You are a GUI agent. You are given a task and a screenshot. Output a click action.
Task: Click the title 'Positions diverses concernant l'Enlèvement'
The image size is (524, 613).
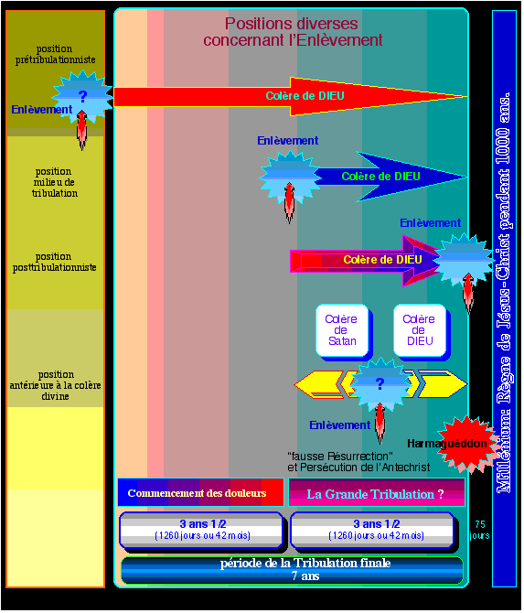(293, 32)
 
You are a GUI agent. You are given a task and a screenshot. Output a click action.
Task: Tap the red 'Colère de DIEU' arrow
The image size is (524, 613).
(290, 97)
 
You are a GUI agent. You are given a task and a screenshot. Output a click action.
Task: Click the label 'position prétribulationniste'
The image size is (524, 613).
(55, 54)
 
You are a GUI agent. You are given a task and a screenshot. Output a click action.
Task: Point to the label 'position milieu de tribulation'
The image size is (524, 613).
(54, 182)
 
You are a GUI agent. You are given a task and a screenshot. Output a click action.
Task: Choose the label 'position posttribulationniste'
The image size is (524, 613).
(54, 262)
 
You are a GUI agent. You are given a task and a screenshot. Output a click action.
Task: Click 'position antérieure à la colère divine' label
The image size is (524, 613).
(55, 385)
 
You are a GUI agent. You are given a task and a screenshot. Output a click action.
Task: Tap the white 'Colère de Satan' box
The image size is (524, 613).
(342, 330)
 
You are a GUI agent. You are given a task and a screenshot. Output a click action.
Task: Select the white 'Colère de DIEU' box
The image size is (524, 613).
(420, 330)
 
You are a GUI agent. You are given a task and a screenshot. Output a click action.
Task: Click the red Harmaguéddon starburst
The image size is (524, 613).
(467, 444)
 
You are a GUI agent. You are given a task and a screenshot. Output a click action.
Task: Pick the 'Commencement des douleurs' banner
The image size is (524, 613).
(200, 492)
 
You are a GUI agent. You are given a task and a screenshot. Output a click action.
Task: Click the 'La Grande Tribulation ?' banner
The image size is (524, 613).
(377, 492)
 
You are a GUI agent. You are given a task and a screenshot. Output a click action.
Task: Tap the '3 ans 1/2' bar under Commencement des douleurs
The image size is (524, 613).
(202, 531)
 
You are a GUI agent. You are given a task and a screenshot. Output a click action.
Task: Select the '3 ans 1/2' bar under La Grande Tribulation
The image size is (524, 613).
(373, 531)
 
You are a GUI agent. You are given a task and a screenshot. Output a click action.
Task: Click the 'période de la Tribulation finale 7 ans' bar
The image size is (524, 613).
(292, 570)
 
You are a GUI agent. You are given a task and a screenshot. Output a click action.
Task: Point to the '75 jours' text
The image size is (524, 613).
(479, 530)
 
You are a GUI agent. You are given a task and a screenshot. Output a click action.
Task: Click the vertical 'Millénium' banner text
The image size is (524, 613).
(503, 293)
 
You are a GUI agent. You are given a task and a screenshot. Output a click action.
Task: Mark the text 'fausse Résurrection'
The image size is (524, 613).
(340, 457)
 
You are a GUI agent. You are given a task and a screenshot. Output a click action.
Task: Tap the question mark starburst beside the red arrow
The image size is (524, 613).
(82, 97)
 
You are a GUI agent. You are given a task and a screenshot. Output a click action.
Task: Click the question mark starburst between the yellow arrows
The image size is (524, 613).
(380, 384)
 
